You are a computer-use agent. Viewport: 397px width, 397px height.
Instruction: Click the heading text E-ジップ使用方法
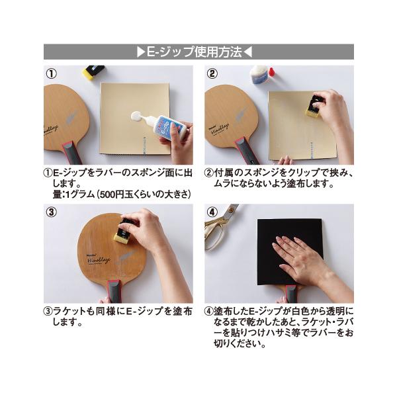tap(198, 52)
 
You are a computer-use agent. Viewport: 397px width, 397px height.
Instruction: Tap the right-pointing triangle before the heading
tap(140, 52)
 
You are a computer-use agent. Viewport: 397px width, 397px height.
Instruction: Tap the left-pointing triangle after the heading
tap(257, 52)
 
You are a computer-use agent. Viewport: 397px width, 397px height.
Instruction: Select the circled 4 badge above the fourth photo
tap(212, 212)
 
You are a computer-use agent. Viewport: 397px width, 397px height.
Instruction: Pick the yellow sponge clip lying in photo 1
tap(93, 72)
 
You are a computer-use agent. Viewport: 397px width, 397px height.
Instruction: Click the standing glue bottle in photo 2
tap(260, 75)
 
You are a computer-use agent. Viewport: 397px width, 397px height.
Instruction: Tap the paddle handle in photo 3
tap(114, 291)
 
